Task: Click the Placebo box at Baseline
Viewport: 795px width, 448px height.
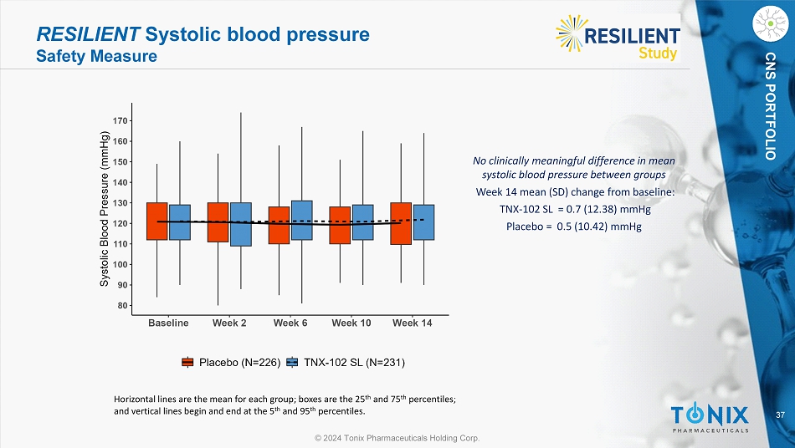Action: point(156,221)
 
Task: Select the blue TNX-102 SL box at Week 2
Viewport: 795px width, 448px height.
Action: point(240,224)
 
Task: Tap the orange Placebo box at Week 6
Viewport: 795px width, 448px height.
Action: point(279,225)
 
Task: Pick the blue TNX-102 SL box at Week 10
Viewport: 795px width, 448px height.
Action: point(362,222)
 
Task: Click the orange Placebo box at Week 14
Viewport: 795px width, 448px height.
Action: point(401,223)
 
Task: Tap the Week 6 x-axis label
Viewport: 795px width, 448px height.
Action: point(290,323)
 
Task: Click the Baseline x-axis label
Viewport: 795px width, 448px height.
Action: point(168,323)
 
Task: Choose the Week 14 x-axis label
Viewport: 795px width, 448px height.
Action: point(412,323)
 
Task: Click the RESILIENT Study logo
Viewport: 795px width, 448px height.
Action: point(618,38)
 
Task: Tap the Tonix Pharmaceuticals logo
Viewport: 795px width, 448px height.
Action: point(709,415)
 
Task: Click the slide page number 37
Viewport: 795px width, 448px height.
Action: point(780,415)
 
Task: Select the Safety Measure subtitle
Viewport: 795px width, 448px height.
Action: point(96,57)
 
